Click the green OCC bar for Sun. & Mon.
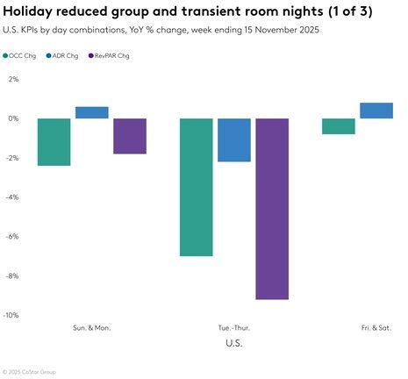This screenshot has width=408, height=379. point(54,142)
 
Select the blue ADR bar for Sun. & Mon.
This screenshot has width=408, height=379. point(92,112)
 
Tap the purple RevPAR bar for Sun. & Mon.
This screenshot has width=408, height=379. point(130,136)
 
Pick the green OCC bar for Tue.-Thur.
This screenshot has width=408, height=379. point(197,187)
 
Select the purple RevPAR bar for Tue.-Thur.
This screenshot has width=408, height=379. point(272,209)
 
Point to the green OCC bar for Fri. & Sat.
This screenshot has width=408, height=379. point(339,126)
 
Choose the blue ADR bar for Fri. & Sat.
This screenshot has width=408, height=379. point(376,111)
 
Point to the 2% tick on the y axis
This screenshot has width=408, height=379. point(13,79)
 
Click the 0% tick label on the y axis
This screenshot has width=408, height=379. point(13,118)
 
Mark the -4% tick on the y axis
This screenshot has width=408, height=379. point(12,197)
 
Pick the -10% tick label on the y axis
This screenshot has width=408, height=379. point(11,315)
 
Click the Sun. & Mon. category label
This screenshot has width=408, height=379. point(92,327)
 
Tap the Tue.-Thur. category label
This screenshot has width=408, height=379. point(234,327)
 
